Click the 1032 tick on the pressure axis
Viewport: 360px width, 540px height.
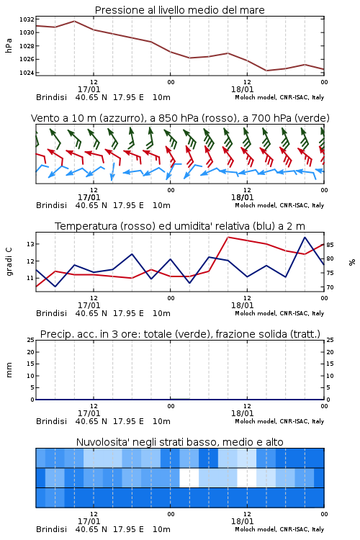coord(27,19)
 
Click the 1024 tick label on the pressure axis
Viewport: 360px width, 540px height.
coord(27,73)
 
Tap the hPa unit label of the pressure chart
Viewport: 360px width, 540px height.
coord(9,45)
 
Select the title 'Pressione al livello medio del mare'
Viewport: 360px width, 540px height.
coord(180,10)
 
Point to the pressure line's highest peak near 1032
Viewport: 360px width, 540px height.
coord(74,21)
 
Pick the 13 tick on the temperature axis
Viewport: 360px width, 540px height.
coord(31,244)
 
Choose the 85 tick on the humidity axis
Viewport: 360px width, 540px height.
coord(330,245)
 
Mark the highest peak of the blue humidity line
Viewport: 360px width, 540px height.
coord(305,238)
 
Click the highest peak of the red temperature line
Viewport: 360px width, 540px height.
coord(228,238)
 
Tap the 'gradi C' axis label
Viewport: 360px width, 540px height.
coord(9,261)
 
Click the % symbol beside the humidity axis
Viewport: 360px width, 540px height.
coord(352,262)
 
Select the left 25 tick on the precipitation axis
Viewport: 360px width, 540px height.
coord(31,340)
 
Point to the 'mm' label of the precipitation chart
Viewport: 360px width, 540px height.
coord(9,370)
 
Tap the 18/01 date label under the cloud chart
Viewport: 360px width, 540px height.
coord(242,521)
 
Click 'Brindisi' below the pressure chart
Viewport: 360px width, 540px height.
coord(51,97)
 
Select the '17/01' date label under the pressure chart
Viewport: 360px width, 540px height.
coord(89,89)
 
